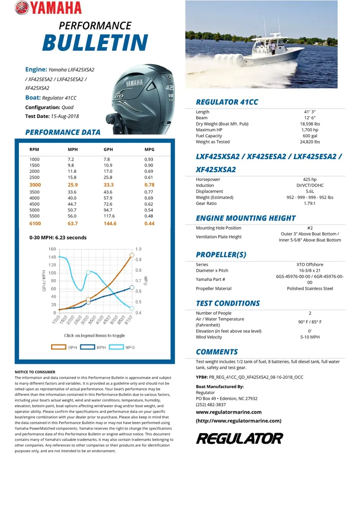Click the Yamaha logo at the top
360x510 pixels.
click(x=48, y=8)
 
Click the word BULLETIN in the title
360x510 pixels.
click(x=95, y=43)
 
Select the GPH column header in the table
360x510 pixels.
click(x=108, y=149)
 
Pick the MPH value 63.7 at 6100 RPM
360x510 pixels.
click(x=73, y=223)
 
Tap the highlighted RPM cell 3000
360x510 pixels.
click(x=35, y=185)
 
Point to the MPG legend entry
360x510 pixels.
click(x=124, y=348)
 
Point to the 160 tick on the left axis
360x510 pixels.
click(x=52, y=249)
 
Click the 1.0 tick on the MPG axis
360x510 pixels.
click(x=138, y=249)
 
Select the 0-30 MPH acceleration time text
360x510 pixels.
click(x=58, y=238)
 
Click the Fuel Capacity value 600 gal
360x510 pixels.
click(x=310, y=135)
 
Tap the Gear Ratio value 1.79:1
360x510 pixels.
click(x=310, y=203)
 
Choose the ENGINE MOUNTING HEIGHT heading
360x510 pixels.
click(x=246, y=218)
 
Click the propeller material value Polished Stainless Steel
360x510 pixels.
click(x=310, y=289)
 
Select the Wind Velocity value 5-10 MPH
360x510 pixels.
click(x=310, y=337)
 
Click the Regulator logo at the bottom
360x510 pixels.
click(x=239, y=438)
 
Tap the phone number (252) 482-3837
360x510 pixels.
click(x=211, y=405)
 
